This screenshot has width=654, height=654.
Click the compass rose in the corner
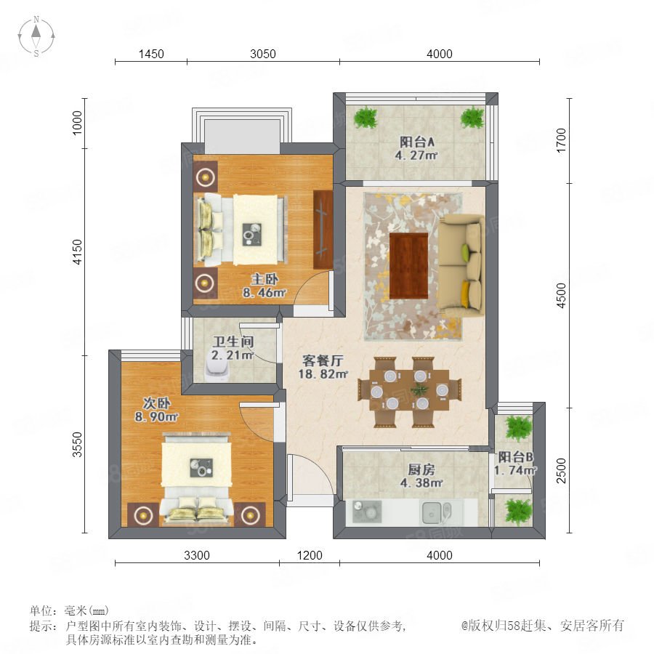coord(36,36)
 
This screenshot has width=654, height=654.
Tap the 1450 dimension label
coord(151,54)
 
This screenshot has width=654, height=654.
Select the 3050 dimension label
coord(263,54)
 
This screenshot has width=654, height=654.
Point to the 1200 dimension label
coord(310,555)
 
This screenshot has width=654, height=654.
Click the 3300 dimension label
coord(197,555)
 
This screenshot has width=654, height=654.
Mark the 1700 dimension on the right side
coord(562,140)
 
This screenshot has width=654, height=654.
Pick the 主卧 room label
coord(265,279)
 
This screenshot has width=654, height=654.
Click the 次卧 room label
coord(156,403)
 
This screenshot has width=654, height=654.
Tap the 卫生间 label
coord(233,342)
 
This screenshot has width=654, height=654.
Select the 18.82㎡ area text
coord(323,374)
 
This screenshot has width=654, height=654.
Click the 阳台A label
coord(416,142)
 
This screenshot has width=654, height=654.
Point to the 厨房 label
coord(421,469)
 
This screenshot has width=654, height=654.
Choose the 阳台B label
coord(515,457)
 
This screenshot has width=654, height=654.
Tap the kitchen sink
coord(436,512)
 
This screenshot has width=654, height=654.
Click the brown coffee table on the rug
coord(408,265)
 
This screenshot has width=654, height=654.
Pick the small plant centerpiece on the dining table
coord(419,390)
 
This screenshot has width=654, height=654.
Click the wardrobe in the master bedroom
coord(323,230)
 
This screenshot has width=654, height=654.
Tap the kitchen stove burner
coord(367,512)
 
